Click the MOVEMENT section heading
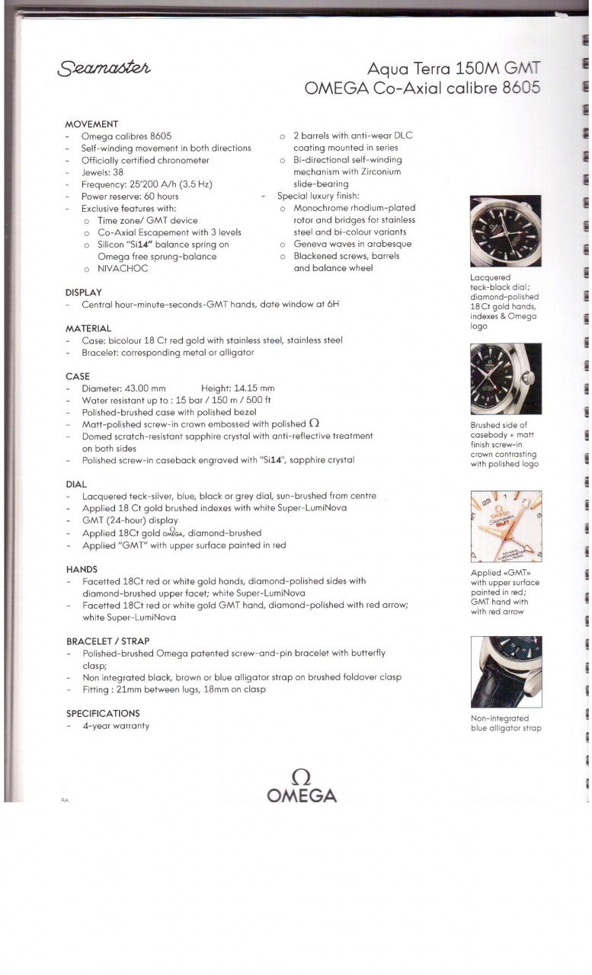[91, 124]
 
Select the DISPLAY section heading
[84, 292]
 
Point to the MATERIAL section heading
[88, 328]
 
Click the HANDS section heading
[82, 569]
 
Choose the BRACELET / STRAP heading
[107, 641]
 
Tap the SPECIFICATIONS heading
[103, 714]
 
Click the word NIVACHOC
[123, 269]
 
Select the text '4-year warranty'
[115, 726]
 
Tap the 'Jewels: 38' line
[102, 172]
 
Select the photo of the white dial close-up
[505, 526]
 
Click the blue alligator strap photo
[505, 672]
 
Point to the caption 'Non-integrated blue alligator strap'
[505, 723]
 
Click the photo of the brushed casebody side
[505, 379]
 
